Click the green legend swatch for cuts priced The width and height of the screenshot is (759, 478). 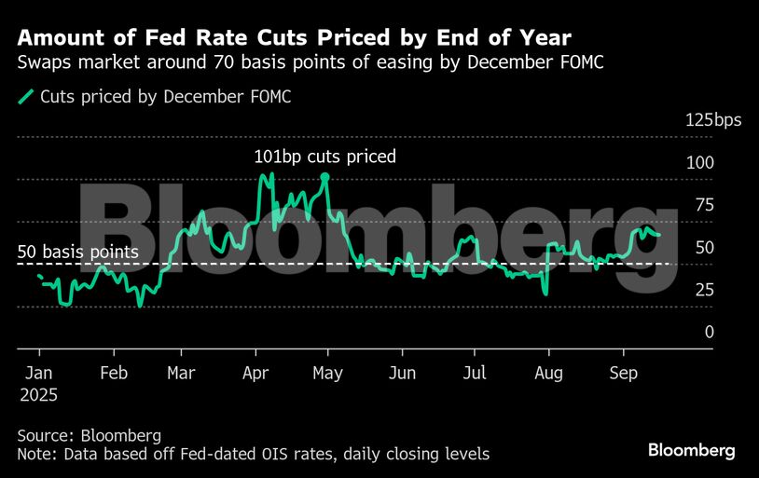[25, 96]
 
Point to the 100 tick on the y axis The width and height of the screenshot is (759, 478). [700, 162]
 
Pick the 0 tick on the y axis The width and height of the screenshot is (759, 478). [710, 332]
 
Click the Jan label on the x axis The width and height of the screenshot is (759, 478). [39, 374]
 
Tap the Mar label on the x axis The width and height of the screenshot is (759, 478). [180, 374]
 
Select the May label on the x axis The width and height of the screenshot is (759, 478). [328, 374]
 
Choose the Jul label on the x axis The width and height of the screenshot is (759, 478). [475, 374]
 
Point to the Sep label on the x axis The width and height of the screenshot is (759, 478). [623, 374]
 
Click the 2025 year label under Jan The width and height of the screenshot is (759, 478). [38, 395]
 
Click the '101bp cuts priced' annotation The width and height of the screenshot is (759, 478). [324, 157]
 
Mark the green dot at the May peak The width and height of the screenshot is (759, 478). [324, 176]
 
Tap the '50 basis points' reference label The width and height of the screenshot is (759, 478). [78, 252]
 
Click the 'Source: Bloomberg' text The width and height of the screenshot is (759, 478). [90, 435]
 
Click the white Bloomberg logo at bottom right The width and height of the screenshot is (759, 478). [692, 450]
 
